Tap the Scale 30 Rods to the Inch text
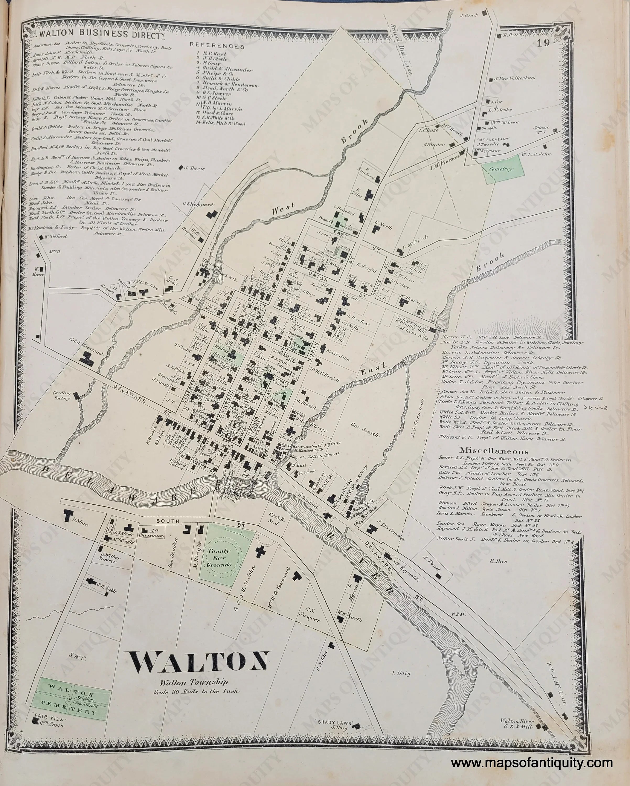(196, 691)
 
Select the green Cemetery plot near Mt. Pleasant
(503, 169)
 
